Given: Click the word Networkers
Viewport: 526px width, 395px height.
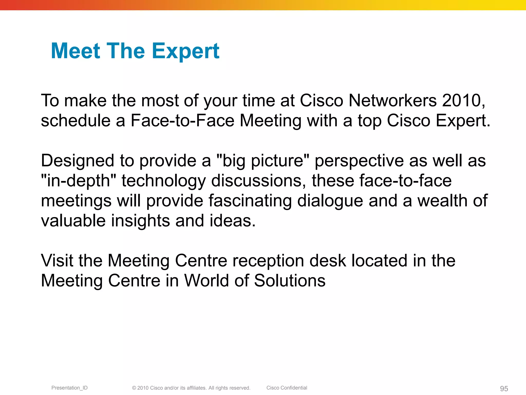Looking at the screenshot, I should [392, 101].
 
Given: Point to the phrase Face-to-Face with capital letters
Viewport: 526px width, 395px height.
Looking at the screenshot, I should [182, 121].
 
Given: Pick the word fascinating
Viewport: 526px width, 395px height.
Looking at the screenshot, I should [250, 201].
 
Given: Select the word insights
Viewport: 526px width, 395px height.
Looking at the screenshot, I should [140, 221].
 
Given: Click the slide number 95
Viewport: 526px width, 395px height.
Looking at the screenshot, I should [504, 389].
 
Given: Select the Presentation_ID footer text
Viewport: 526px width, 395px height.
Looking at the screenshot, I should [69, 388].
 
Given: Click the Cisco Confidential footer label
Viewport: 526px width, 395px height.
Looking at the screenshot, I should [287, 388].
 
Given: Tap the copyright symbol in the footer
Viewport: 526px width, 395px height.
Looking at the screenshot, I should [134, 388].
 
